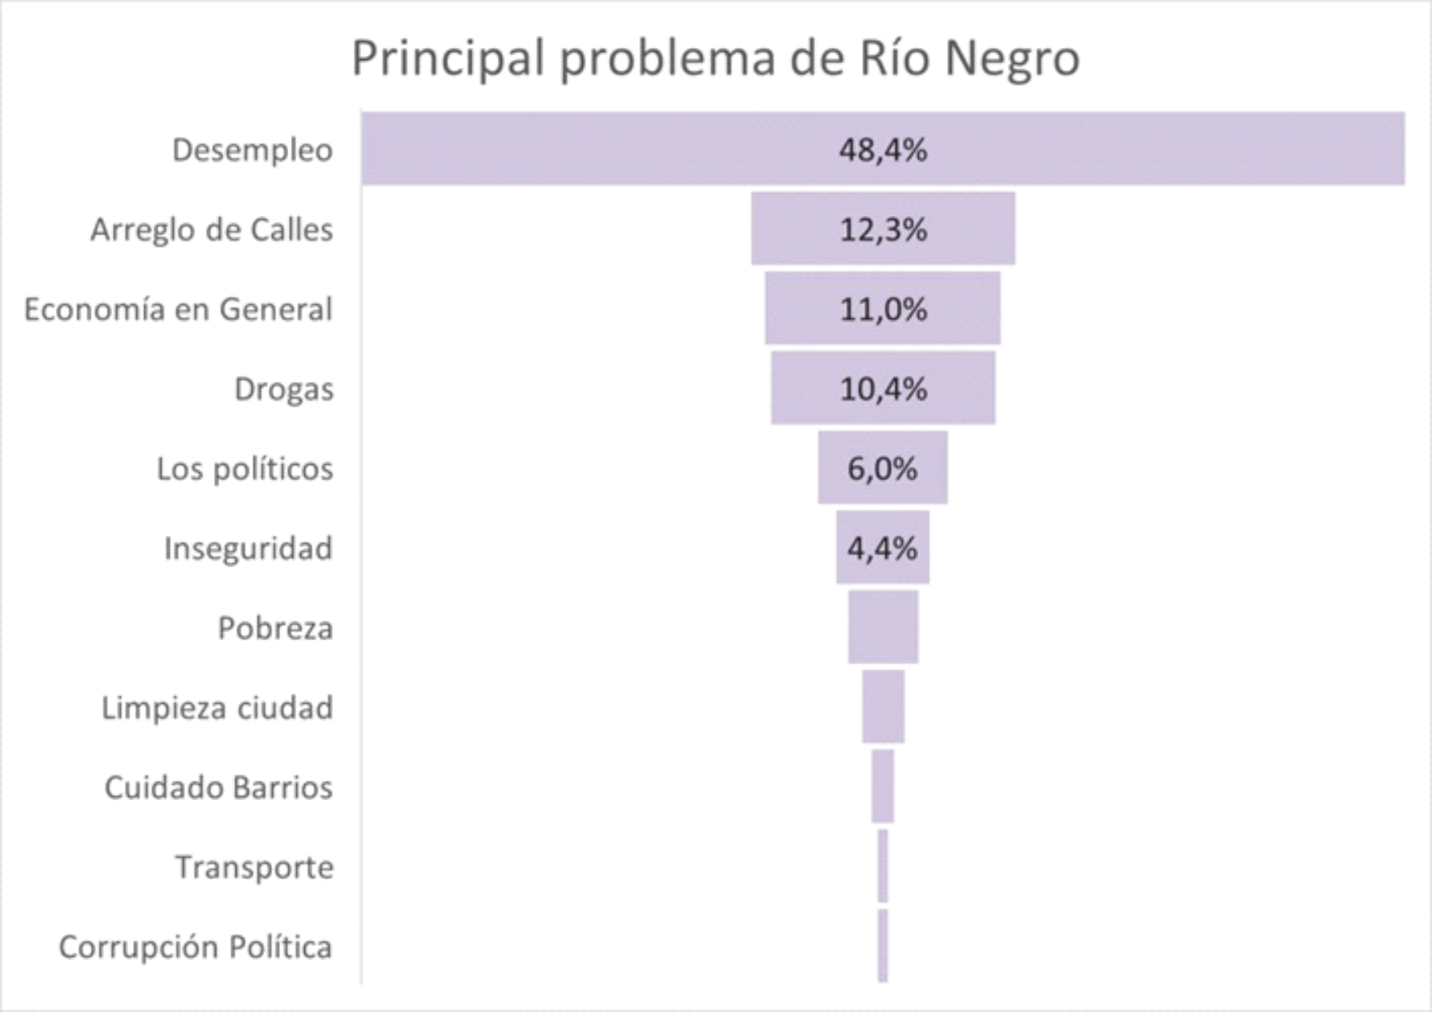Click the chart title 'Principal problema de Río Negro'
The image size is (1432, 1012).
(715, 58)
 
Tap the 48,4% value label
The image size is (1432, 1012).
(883, 150)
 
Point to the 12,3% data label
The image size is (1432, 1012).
(883, 230)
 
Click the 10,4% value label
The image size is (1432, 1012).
(883, 389)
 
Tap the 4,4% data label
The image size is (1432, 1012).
(882, 549)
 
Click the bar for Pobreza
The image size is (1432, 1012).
(883, 627)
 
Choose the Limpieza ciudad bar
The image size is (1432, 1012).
(883, 707)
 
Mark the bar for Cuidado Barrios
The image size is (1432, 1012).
(882, 786)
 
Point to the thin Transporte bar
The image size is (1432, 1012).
(882, 866)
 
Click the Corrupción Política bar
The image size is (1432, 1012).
(882, 945)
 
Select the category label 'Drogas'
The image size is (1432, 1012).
(284, 389)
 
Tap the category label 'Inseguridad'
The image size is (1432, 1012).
(248, 549)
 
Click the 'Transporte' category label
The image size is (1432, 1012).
(254, 868)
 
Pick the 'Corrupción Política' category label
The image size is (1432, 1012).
(196, 947)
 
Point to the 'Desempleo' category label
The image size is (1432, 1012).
(252, 150)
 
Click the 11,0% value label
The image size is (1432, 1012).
(883, 309)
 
